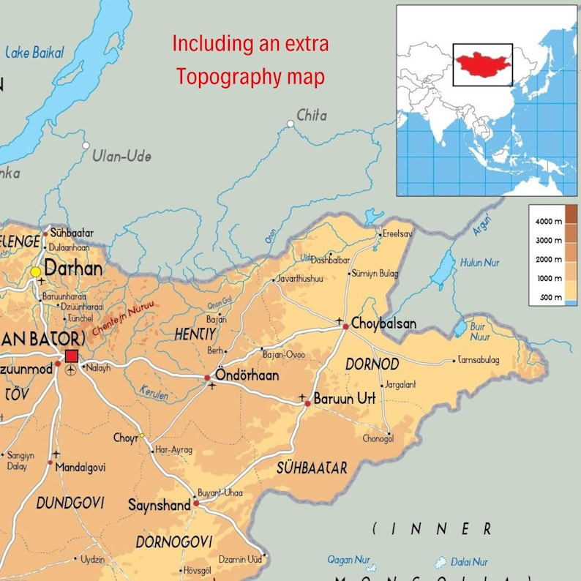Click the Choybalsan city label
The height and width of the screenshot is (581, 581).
tap(383, 323)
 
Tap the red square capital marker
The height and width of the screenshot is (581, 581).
tap(71, 356)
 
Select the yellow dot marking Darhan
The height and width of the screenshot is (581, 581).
tap(35, 272)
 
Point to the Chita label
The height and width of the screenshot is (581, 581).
tap(312, 115)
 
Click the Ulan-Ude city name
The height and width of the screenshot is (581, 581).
tap(122, 156)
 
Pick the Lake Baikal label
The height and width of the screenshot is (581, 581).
tap(34, 52)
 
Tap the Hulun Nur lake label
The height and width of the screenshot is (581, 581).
tap(480, 263)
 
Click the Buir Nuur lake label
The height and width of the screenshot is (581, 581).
tap(480, 332)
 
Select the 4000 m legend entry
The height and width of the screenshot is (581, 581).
tap(548, 220)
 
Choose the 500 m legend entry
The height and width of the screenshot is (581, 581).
tap(548, 297)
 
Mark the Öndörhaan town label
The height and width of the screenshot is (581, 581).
tap(247, 375)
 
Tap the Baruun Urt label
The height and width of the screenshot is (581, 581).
tap(344, 399)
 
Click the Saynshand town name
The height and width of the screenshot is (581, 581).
tap(159, 505)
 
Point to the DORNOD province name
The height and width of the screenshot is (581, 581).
tap(372, 364)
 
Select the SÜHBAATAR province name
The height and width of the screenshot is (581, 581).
tap(312, 467)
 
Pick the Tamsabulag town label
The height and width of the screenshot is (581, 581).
tap(479, 360)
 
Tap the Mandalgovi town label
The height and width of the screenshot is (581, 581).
tap(80, 467)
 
